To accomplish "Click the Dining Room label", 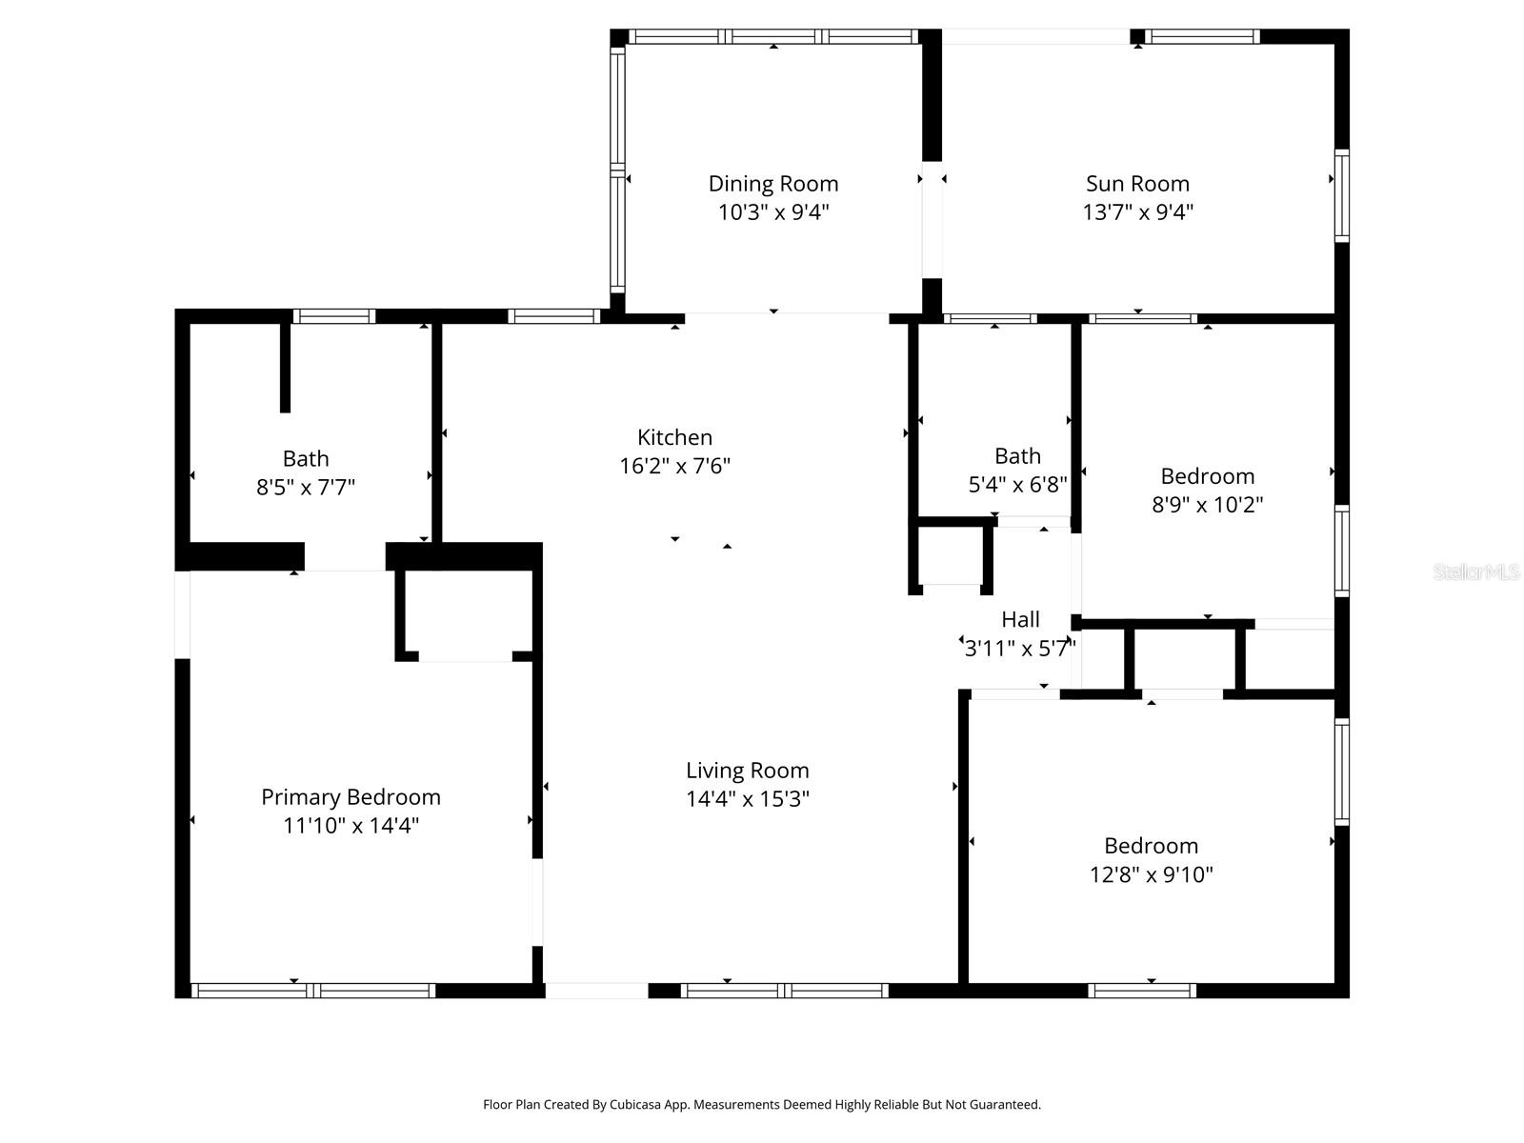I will click(772, 184).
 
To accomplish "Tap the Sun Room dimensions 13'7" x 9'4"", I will click(1137, 211).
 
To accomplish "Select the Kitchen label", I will click(674, 437).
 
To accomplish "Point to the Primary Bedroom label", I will click(351, 797).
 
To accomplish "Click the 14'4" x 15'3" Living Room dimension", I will click(747, 799).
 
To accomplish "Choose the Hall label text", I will click(1020, 620).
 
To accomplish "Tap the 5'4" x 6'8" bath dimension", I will click(1017, 485).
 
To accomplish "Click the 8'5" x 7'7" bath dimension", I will click(306, 488).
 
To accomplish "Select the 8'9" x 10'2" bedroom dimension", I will click(1207, 505).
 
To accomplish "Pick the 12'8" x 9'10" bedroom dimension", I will click(1151, 874).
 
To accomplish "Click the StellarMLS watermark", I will click(1475, 572).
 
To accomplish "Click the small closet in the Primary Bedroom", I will click(465, 614).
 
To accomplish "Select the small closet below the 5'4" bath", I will click(951, 556).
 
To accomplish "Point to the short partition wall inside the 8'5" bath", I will click(285, 368).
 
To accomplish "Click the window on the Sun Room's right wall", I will click(1342, 195).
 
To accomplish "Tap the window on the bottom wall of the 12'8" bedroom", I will click(1141, 991).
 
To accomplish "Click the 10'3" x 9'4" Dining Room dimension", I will click(772, 211).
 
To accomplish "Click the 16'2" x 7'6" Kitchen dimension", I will click(674, 466).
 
